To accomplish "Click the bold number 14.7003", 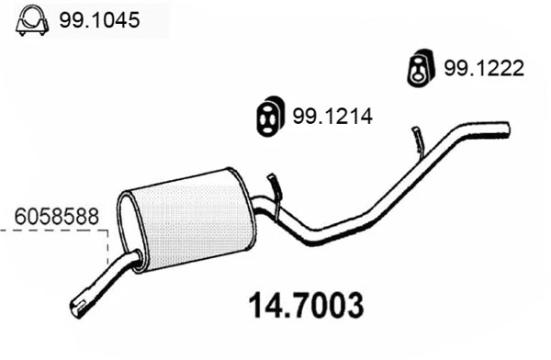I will (x=307, y=303).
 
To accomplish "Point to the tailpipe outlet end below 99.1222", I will (x=505, y=128).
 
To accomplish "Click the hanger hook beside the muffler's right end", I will (x=274, y=187).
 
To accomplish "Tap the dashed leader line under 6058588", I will (x=55, y=231).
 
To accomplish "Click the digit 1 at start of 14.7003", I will (x=257, y=303).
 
